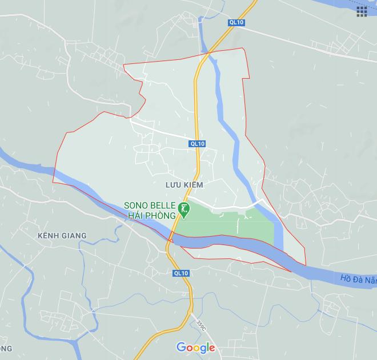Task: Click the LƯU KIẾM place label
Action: coord(184,185)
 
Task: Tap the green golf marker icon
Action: coord(184,209)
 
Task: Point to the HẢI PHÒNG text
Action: coord(150,215)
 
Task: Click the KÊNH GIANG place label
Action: coord(61,236)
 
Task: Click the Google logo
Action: coord(195,347)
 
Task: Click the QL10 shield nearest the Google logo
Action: coord(181,273)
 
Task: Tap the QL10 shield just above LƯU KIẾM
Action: coord(197,144)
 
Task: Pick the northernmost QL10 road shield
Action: coord(236,22)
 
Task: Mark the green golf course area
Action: coord(228,223)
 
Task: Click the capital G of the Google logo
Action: coord(181,347)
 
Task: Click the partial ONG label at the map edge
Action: coord(6,348)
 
